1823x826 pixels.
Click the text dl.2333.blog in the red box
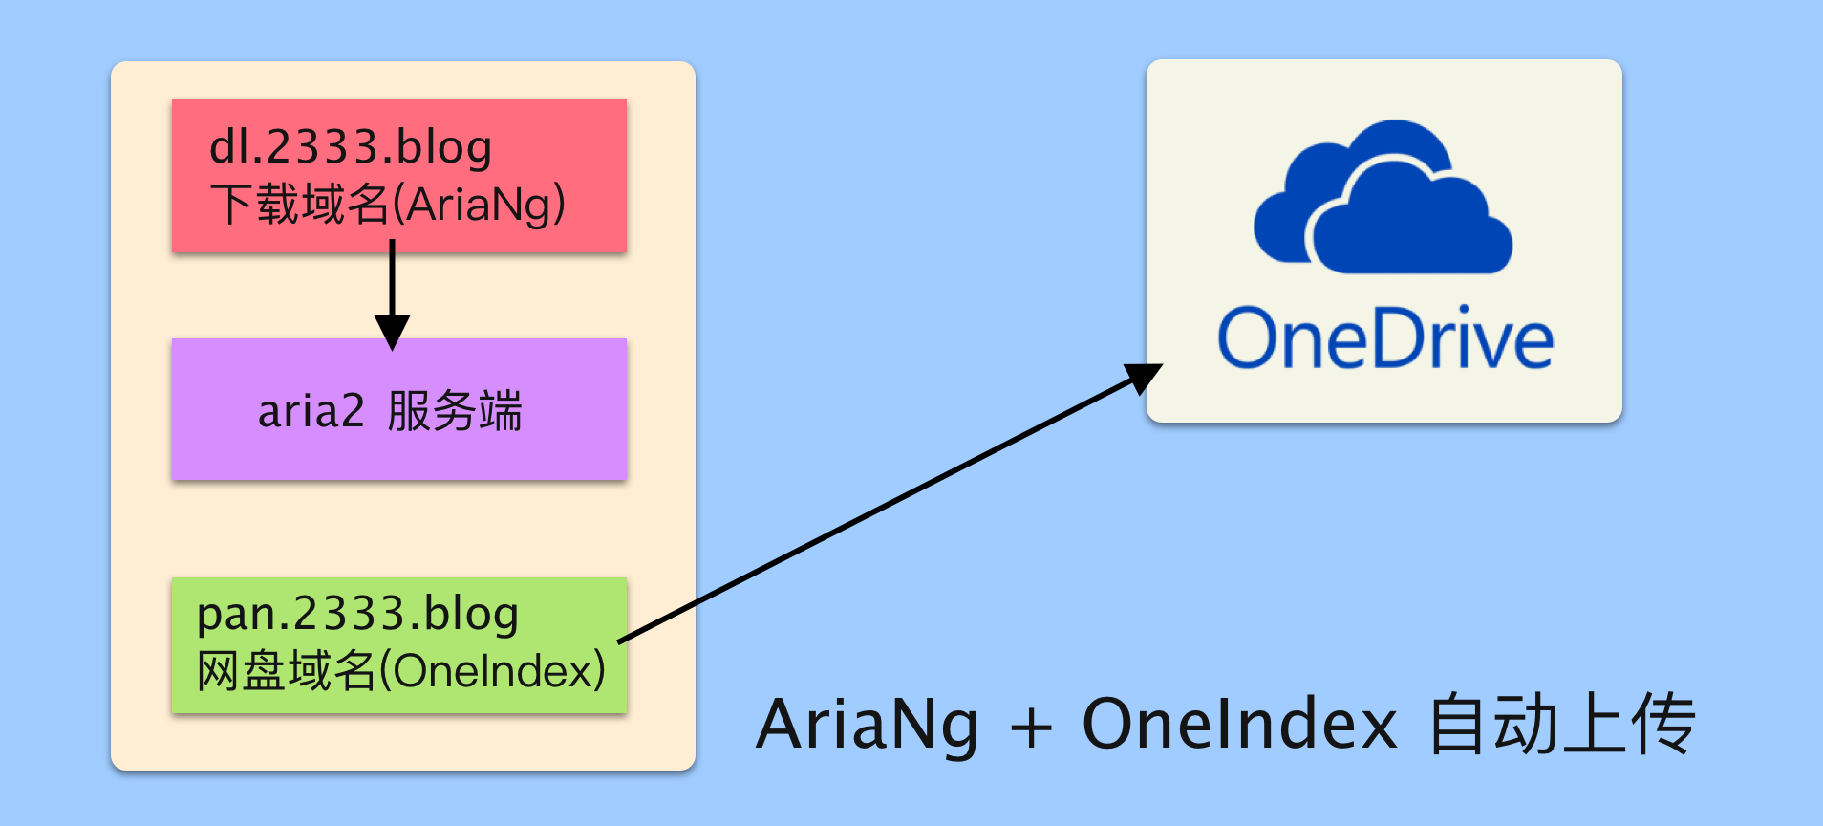(351, 148)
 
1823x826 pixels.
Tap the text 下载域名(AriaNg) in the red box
(388, 205)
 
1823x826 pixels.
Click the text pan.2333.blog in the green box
(357, 615)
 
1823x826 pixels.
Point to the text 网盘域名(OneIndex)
(401, 670)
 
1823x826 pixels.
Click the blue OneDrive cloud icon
(1383, 198)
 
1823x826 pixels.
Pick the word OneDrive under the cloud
(1385, 339)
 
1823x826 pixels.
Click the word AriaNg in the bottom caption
(868, 725)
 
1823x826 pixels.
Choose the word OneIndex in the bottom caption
(1239, 725)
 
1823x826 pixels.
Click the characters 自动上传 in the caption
(1561, 725)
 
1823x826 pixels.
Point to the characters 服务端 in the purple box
(455, 412)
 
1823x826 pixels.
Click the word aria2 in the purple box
(311, 412)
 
